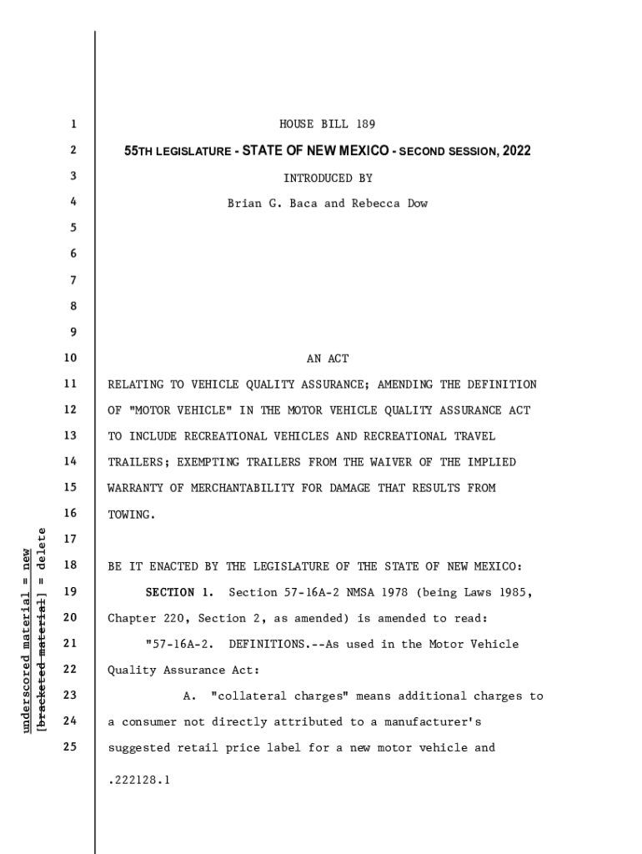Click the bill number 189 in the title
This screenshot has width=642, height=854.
365,124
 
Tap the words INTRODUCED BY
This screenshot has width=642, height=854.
328,178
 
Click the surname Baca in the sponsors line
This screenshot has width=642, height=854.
303,203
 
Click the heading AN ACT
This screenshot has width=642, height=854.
328,359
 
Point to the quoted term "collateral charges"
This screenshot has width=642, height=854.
272,696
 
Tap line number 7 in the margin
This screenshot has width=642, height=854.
73,281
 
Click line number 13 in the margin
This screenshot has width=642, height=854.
69,436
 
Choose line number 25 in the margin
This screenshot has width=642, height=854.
69,747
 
